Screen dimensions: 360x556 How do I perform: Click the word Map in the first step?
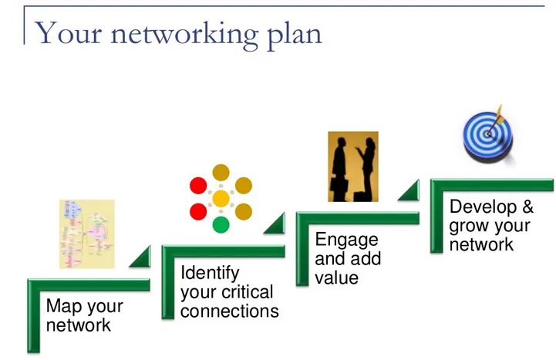pyautogui.click(x=64, y=306)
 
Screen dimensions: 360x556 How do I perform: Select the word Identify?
pyautogui.click(x=210, y=274)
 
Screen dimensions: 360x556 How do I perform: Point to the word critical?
pyautogui.click(x=247, y=293)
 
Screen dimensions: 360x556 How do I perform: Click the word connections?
pyautogui.click(x=230, y=311)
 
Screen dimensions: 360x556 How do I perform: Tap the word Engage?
pyautogui.click(x=346, y=240)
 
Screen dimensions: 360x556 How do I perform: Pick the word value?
pyautogui.click(x=337, y=278)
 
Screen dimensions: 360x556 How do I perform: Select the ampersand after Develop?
pyautogui.click(x=527, y=207)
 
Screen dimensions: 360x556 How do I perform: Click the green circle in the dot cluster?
pyautogui.click(x=221, y=225)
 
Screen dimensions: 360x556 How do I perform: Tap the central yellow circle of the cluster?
pyautogui.click(x=221, y=199)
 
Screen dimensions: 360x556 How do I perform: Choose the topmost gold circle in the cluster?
pyautogui.click(x=221, y=173)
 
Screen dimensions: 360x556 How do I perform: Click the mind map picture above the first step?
pyautogui.click(x=87, y=234)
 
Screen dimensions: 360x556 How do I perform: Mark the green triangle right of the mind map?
pyautogui.click(x=143, y=258)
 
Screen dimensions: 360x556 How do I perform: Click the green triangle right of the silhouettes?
pyautogui.click(x=410, y=191)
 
